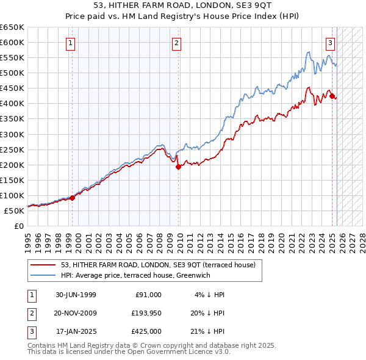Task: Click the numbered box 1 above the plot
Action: (71, 43)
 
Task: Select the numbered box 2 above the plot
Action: (176, 43)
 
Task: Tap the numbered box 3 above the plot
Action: (330, 43)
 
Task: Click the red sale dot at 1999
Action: (73, 198)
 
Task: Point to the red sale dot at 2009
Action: (178, 166)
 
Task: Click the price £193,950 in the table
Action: (145, 313)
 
